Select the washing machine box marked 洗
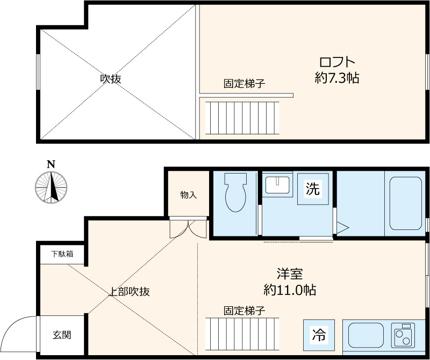click(312, 189)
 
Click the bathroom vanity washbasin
click(277, 184)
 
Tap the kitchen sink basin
click(365, 336)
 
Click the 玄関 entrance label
click(61, 335)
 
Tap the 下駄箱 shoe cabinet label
click(62, 254)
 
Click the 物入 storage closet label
click(188, 195)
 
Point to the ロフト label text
click(337, 61)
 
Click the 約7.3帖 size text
click(336, 78)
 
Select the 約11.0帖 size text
click(290, 291)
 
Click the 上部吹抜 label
click(129, 292)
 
